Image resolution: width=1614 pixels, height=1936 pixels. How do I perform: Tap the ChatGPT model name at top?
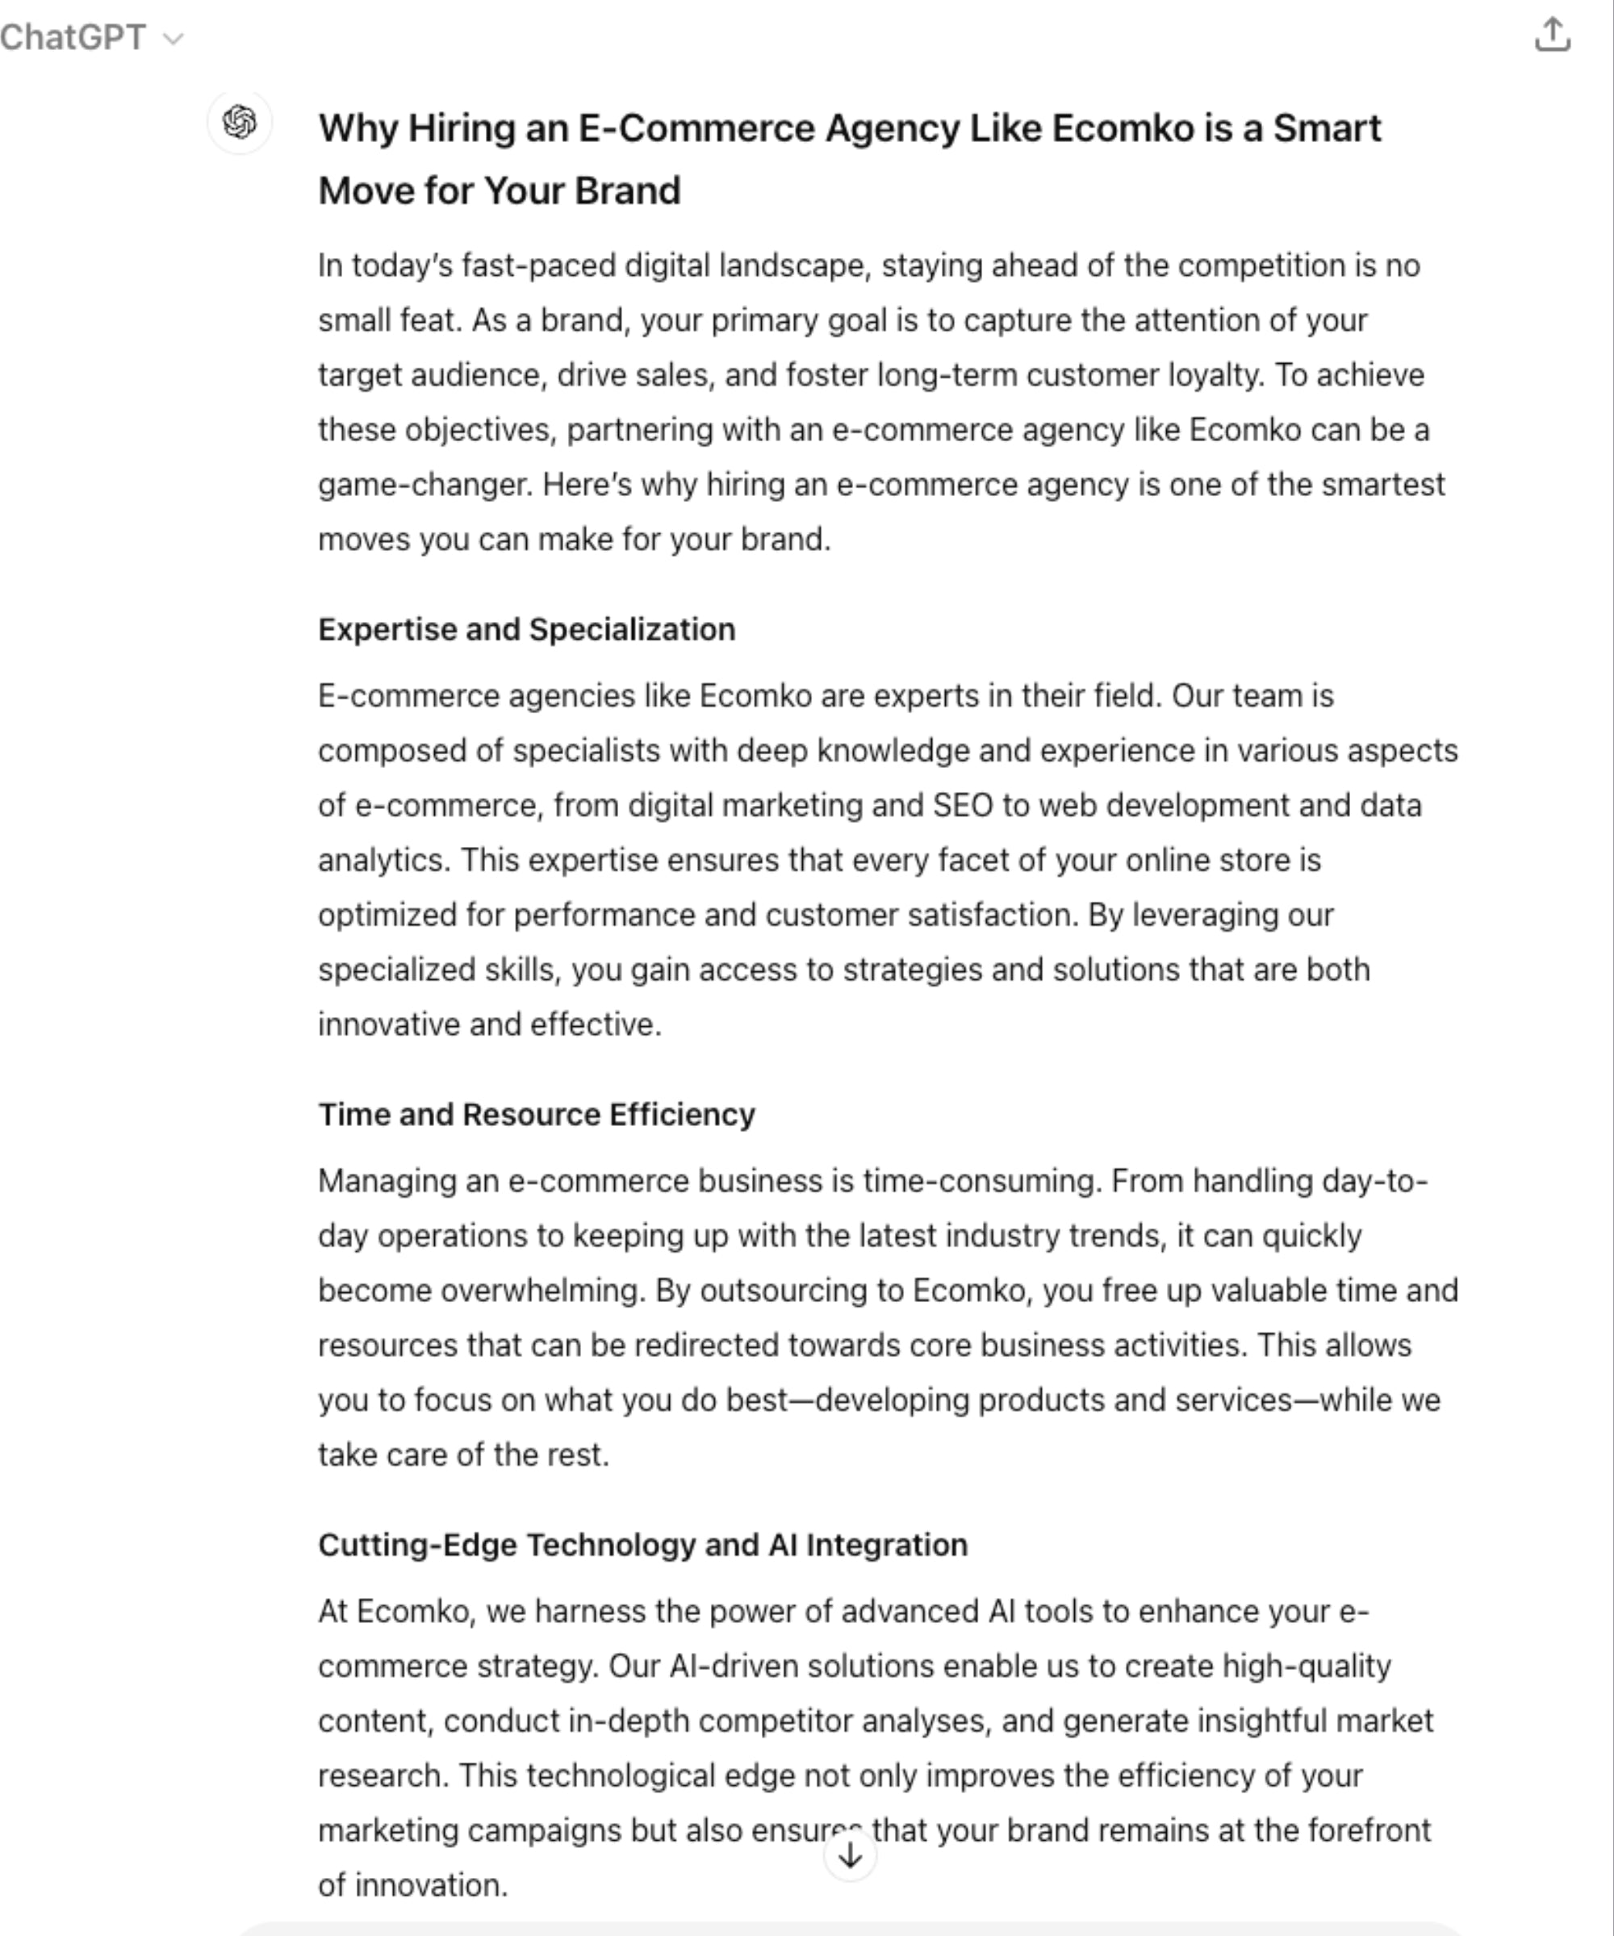pos(73,38)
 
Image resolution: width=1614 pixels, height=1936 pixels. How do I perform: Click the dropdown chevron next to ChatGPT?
pos(174,39)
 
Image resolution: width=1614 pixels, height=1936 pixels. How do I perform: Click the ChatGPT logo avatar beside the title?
pos(240,122)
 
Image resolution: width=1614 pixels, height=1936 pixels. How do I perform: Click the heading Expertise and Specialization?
pos(527,630)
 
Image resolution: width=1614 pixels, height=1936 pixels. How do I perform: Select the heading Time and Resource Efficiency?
pos(536,1115)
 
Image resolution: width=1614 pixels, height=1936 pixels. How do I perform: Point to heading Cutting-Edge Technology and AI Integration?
pos(643,1545)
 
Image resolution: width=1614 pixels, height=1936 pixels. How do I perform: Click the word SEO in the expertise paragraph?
pos(962,806)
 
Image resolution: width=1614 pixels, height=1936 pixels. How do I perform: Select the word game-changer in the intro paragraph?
pos(425,485)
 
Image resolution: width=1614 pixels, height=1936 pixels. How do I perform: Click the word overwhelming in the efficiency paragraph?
pos(541,1291)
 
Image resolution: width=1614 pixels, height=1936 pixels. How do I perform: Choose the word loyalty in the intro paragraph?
pos(1215,375)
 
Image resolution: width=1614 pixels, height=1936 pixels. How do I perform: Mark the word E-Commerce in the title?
pos(696,128)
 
